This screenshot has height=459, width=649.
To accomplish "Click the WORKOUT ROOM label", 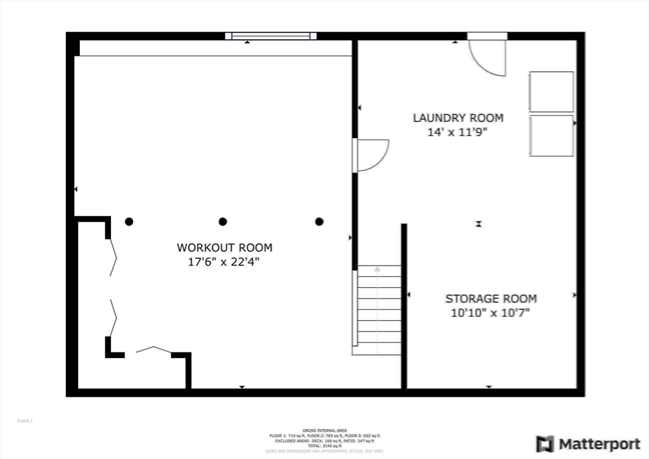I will point(224,247).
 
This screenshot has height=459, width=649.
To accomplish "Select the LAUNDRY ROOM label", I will point(458,118).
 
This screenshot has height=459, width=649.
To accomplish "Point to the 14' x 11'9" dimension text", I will point(458,132).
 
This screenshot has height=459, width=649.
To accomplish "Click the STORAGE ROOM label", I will point(491,299).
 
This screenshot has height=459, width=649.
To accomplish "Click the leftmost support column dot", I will point(129,221).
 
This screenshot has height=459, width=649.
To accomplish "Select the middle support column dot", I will point(222,221).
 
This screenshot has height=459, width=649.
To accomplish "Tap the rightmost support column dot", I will point(319,221).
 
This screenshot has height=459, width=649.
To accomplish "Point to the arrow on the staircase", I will point(377,269).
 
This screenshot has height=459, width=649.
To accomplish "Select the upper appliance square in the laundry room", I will point(551,93).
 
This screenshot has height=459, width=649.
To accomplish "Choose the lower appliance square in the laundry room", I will point(551,135).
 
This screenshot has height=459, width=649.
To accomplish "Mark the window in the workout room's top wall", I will point(270,36).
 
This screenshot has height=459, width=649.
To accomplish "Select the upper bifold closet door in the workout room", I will point(113,257).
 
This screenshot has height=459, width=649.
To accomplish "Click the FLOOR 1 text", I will point(24,420).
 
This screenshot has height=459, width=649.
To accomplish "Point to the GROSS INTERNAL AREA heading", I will point(324,430).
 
